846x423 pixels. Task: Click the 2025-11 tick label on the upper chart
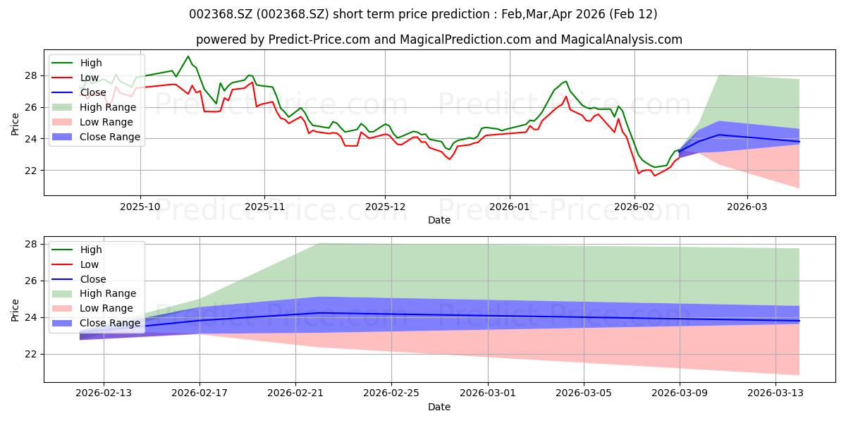pos(264,207)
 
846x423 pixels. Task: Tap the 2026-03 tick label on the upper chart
pos(747,207)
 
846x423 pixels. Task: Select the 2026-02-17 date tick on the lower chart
pos(200,393)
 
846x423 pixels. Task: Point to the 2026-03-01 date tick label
pos(488,393)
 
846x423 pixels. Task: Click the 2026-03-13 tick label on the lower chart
pos(775,393)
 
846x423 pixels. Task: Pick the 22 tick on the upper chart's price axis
pos(31,171)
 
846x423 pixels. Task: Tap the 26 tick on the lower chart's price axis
pos(31,281)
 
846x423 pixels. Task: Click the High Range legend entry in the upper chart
pos(94,107)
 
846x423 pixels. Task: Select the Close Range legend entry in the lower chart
pos(96,323)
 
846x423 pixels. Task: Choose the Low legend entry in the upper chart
pos(75,78)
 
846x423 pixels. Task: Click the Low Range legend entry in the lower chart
pos(92,308)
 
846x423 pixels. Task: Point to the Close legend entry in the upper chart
pos(79,92)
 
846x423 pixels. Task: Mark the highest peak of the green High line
pos(188,56)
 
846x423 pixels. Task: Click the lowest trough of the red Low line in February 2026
pos(654,176)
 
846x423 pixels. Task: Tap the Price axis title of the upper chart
pos(15,124)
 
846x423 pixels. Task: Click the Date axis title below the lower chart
pos(439,407)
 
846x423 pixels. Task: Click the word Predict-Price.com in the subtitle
pos(319,39)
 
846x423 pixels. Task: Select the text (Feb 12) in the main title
pos(633,14)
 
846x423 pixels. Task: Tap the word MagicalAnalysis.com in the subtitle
pos(622,39)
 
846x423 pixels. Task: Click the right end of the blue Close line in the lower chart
pos(799,321)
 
